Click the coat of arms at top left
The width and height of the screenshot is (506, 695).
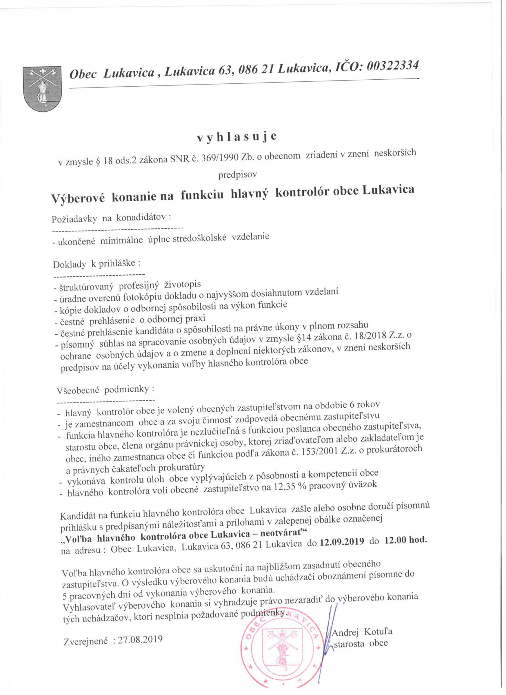[x=42, y=88]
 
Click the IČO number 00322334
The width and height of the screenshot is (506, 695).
[x=393, y=65]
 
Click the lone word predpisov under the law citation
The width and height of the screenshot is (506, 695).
[x=238, y=174]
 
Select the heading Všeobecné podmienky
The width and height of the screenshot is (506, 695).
[x=105, y=390]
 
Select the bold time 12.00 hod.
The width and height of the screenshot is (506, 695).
[x=406, y=540]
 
